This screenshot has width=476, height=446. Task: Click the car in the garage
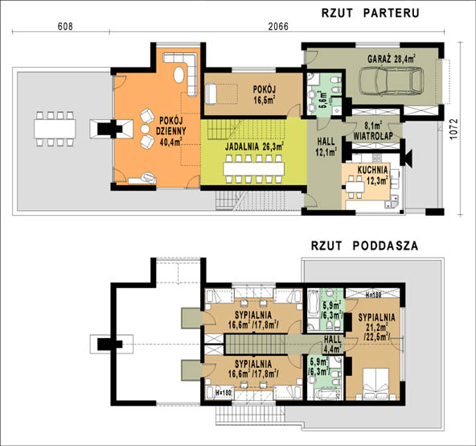point(391,81)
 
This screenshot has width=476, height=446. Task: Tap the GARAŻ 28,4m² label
point(392,59)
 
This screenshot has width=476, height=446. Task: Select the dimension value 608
point(65,27)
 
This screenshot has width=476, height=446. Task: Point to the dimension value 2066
point(278,27)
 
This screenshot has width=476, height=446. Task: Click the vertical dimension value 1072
point(453,129)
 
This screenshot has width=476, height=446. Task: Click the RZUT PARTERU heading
point(371,13)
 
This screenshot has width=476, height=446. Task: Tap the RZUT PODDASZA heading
point(365,246)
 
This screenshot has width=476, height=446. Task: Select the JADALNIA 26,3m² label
point(254,147)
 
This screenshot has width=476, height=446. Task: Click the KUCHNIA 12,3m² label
point(372,175)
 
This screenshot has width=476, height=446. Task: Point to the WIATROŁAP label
point(373,136)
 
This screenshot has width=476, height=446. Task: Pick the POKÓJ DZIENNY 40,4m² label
point(171,131)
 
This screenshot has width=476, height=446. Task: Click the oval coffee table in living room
point(178,74)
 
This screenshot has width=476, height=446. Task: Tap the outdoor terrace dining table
point(55,129)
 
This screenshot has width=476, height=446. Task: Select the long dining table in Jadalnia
point(254,169)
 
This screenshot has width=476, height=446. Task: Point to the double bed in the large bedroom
point(375,384)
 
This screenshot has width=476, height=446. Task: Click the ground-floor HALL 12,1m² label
point(326,147)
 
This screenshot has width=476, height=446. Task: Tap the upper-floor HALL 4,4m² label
point(332,344)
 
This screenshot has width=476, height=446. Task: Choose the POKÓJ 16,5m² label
point(264,94)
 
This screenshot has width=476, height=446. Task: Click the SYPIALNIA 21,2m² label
point(377,327)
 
